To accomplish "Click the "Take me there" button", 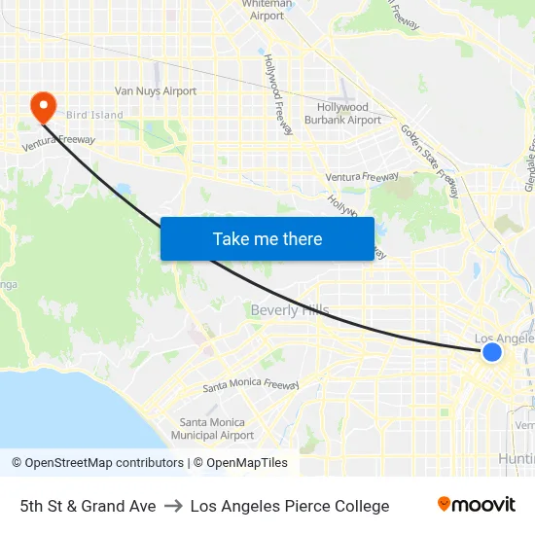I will point(267,238).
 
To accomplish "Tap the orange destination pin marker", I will point(44,106).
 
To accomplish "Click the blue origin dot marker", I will point(492,352).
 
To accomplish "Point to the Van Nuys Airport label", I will point(156,91).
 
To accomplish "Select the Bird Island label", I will point(94,115).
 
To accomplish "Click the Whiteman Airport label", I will point(267,10).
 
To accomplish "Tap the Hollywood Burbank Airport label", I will point(342,114).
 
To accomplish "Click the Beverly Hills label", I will point(290,310).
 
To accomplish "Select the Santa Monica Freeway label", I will point(251,385).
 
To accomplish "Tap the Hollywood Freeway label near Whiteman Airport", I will point(278,94).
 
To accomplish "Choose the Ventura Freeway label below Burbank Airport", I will point(362,177).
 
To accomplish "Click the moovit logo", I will point(476,505).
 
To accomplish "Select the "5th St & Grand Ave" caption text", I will point(88,506).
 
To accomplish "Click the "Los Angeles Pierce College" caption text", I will point(290,506).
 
